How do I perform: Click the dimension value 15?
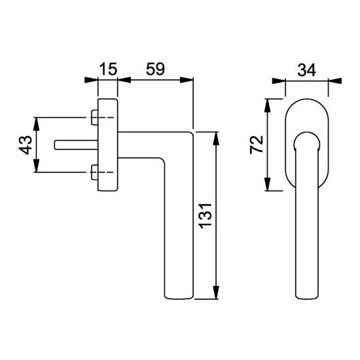point(108,69)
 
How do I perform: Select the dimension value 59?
point(155,69)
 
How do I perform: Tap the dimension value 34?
point(307,70)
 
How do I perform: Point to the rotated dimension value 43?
point(26,145)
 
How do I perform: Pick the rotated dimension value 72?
point(257,145)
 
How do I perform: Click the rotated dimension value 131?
point(206,216)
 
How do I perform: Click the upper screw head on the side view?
point(94,118)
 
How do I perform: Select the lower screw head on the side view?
point(94,172)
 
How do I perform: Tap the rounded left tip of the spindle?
point(55,145)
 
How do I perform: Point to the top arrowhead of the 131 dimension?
point(216,139)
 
